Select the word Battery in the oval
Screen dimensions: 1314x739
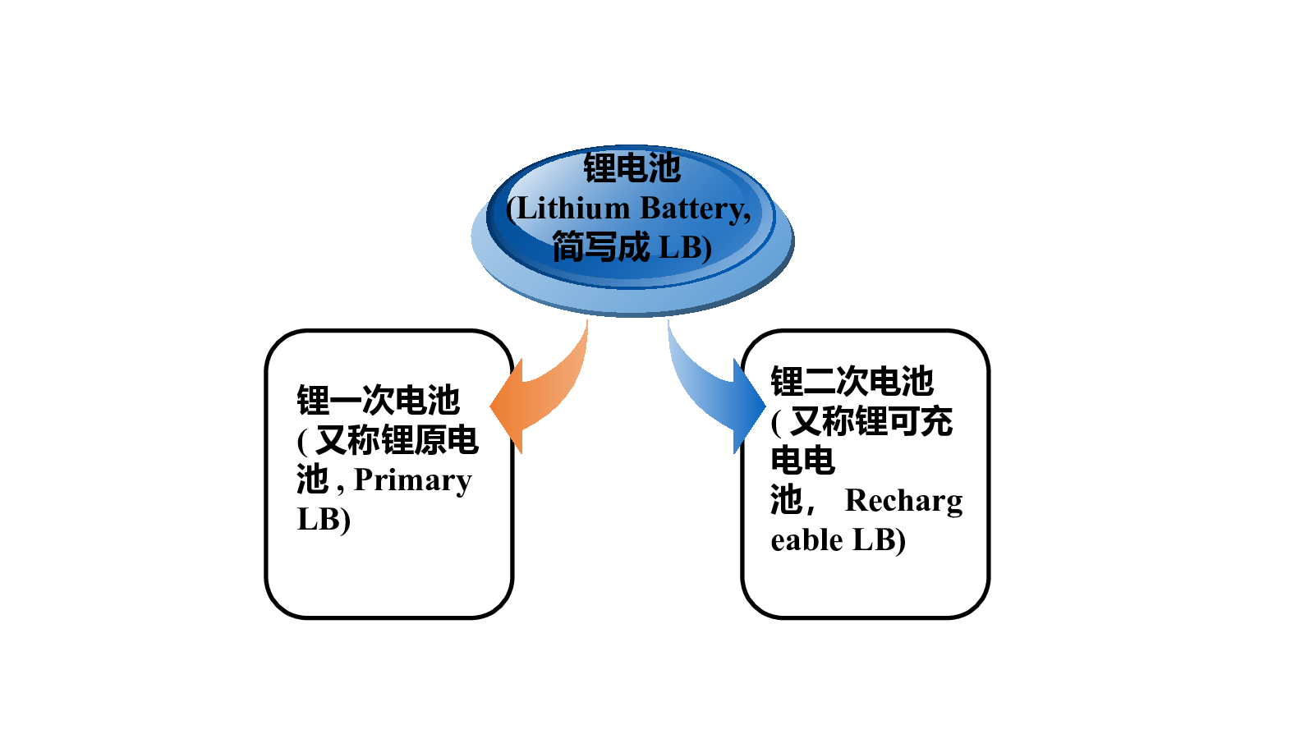point(695,209)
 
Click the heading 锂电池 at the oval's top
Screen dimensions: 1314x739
point(632,168)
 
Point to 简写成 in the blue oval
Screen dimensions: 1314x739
point(601,246)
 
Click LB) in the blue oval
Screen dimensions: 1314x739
point(685,247)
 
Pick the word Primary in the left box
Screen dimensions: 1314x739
point(413,481)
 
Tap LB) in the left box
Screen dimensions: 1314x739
point(324,520)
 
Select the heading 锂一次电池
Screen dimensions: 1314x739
point(378,401)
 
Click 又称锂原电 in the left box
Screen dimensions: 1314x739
point(397,440)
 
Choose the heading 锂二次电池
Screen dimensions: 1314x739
point(852,381)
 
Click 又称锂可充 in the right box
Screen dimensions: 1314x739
point(871,421)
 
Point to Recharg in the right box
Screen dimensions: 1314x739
point(903,502)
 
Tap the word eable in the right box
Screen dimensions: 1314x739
point(806,539)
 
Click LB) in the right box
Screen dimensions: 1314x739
point(879,540)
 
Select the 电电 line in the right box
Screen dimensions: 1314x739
point(803,461)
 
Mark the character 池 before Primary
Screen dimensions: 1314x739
point(313,480)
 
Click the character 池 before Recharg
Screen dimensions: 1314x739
point(787,500)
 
